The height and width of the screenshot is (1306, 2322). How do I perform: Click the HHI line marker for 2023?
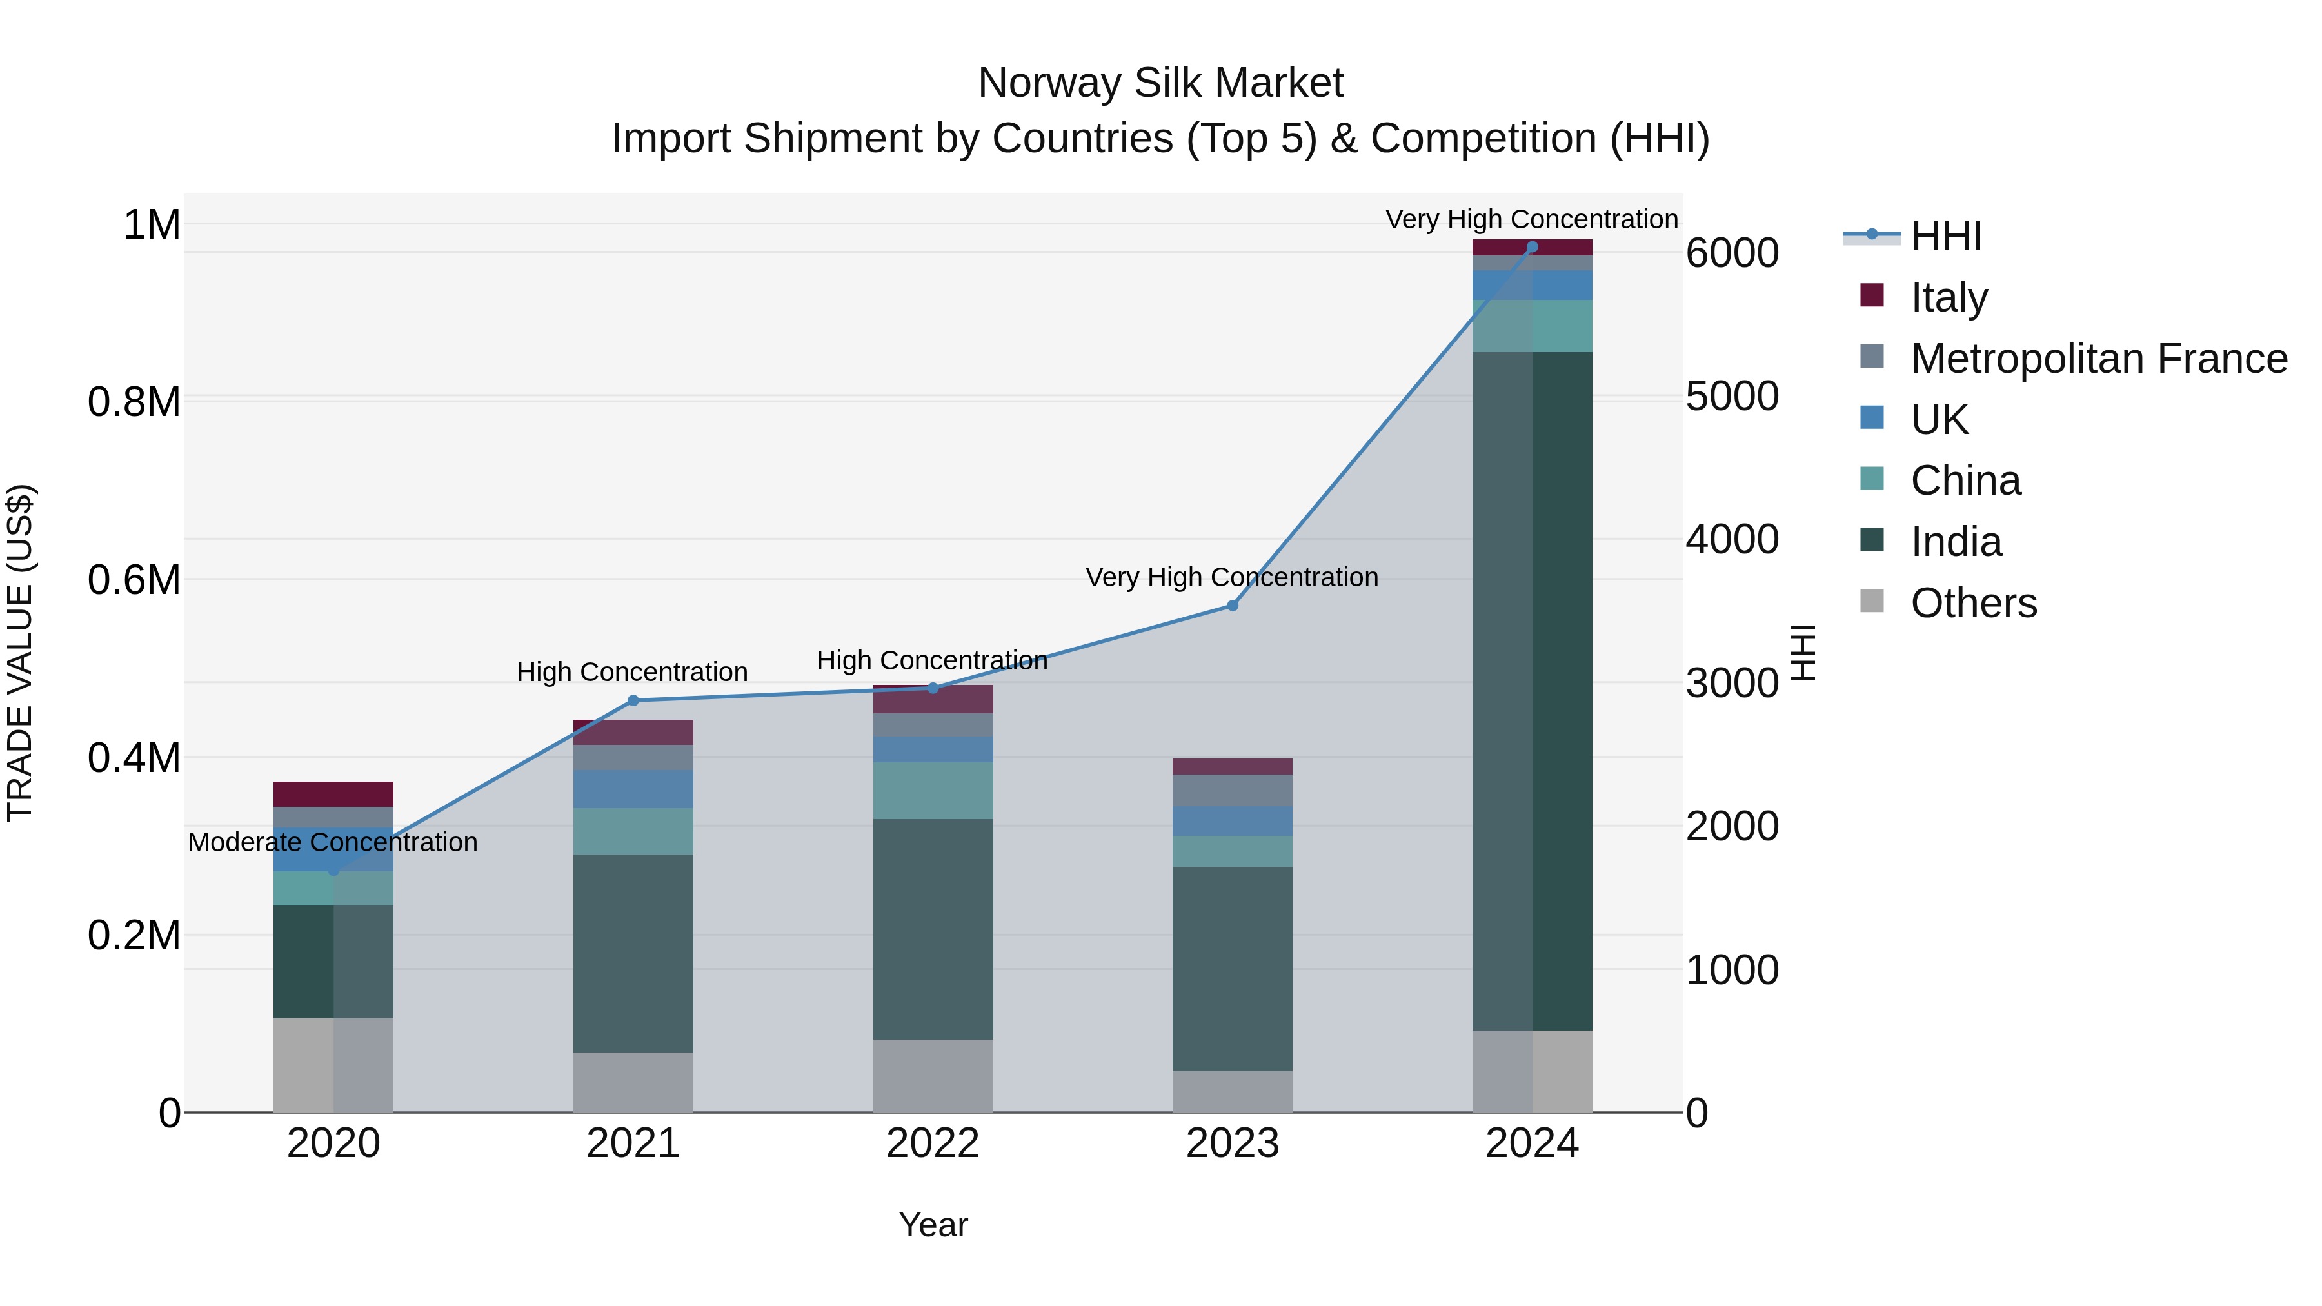click(1232, 606)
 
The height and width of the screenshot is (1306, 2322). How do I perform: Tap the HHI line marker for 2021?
click(633, 700)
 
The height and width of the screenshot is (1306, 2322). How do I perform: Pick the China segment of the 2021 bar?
click(633, 831)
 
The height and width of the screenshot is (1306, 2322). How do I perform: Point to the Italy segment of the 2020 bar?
click(333, 794)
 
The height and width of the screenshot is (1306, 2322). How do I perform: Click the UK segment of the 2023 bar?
click(1232, 820)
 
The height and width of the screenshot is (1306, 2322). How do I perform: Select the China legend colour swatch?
click(1872, 479)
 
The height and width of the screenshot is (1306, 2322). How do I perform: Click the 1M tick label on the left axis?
click(152, 224)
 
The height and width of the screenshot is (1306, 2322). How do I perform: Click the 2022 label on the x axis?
click(933, 1143)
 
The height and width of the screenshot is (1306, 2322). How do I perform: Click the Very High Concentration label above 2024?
click(1531, 219)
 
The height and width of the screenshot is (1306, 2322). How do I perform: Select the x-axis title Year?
click(933, 1225)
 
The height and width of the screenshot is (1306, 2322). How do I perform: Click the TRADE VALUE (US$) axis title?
click(20, 653)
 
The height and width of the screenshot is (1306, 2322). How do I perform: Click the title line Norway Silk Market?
click(1160, 83)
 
